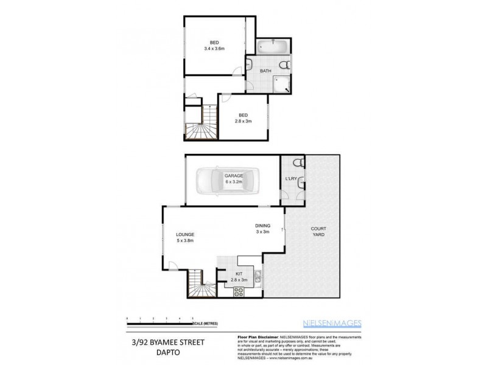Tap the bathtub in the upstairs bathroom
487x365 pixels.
tap(272, 46)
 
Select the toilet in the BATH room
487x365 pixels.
tap(282, 65)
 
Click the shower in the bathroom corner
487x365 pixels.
tap(282, 85)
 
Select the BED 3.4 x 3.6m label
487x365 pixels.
tap(215, 46)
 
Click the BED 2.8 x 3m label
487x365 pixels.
tap(243, 118)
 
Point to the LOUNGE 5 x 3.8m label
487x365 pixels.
tap(184, 237)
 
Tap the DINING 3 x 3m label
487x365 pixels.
tap(262, 228)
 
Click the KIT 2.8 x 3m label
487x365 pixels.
tap(239, 277)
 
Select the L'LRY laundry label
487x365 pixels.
tap(290, 178)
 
